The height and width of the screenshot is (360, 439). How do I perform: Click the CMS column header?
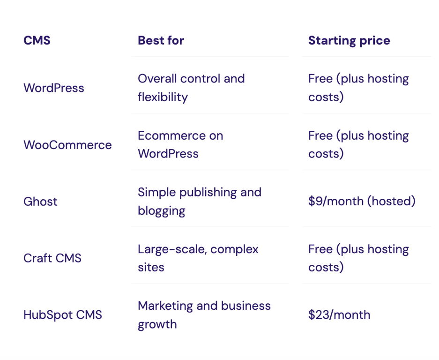[x=37, y=41]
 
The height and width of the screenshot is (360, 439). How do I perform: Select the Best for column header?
[x=161, y=41]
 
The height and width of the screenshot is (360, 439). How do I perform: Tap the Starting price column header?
[x=349, y=41]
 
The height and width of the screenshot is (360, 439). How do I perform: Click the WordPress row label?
[x=54, y=88]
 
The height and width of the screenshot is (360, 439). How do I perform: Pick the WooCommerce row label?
[x=67, y=145]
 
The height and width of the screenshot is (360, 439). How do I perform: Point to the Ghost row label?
[x=40, y=202]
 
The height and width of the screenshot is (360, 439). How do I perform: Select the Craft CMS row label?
[x=52, y=258]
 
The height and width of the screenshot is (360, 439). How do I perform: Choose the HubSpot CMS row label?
[x=63, y=315]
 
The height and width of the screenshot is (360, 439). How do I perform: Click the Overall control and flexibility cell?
[x=191, y=88]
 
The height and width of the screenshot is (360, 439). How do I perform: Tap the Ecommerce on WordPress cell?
[x=180, y=144]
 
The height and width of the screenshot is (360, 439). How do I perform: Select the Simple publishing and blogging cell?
[x=200, y=201]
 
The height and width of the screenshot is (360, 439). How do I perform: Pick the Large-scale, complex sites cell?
[x=198, y=258]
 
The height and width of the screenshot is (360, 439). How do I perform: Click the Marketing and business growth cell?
[x=204, y=315]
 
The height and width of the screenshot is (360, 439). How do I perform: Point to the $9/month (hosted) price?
[x=362, y=202]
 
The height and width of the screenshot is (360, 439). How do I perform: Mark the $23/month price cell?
[x=339, y=315]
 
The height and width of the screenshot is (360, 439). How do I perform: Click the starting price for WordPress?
[x=358, y=88]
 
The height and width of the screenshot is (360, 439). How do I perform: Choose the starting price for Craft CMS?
[x=358, y=258]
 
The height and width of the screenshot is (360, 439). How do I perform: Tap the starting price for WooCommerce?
[x=358, y=144]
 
